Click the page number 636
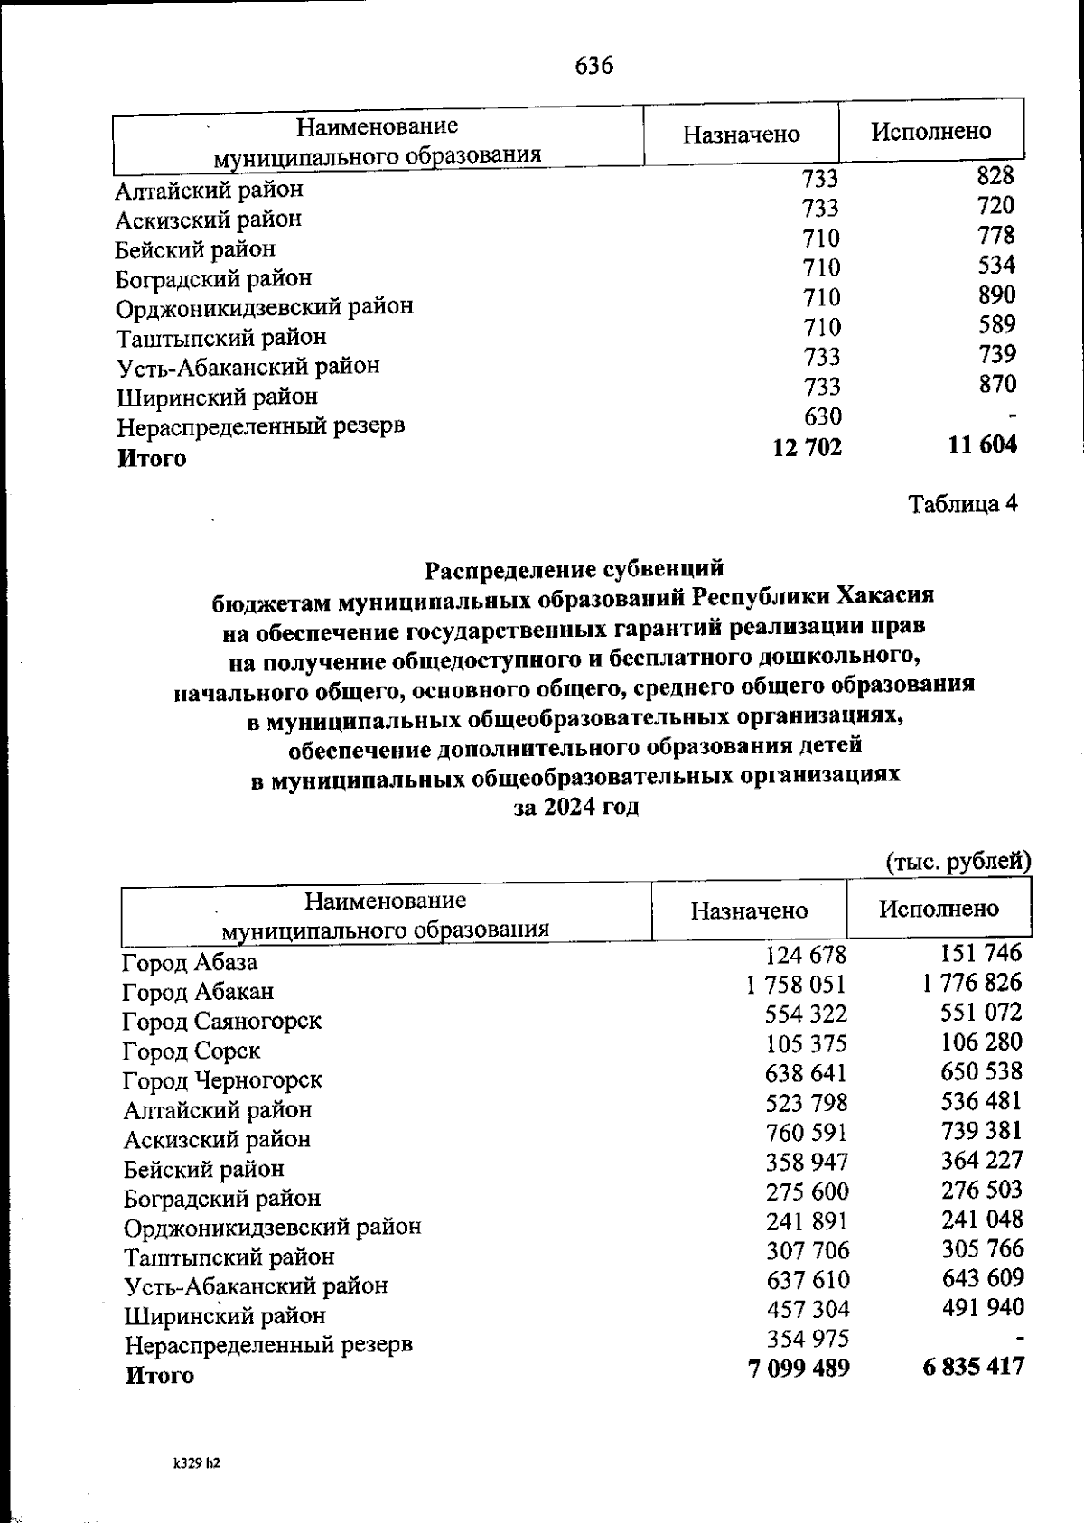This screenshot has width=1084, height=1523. click(x=593, y=66)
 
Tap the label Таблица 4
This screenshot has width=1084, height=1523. click(x=962, y=504)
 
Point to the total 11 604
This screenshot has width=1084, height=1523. click(x=982, y=444)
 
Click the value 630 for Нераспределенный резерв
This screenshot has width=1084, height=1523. click(x=821, y=416)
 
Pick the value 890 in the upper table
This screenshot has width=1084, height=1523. click(x=995, y=294)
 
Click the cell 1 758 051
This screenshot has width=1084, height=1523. click(x=796, y=984)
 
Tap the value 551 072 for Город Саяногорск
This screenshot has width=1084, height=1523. click(x=981, y=1012)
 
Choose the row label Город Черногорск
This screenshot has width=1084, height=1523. click(x=222, y=1080)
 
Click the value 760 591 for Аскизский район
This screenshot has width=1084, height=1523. click(x=807, y=1132)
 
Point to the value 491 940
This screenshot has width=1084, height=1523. click(x=982, y=1307)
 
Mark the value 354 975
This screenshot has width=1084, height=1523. click(x=808, y=1338)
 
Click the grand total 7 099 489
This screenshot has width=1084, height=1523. click(x=799, y=1368)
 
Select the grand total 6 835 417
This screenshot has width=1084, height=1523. click(x=974, y=1366)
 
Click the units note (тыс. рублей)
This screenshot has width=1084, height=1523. click(x=958, y=861)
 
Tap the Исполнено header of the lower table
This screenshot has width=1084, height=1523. click(x=939, y=909)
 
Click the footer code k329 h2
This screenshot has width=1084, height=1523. click(x=197, y=1462)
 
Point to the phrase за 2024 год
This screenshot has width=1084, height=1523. click(x=576, y=807)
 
